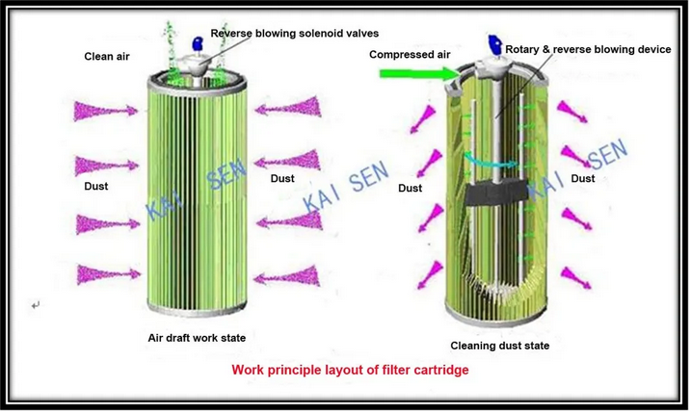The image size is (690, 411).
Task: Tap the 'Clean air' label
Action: coord(107,57)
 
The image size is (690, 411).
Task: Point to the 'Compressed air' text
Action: coord(410,55)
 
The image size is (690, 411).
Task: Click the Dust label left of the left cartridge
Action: coord(96,185)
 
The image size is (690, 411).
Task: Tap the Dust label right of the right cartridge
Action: coord(582,178)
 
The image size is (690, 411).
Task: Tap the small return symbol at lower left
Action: coord(36,305)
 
